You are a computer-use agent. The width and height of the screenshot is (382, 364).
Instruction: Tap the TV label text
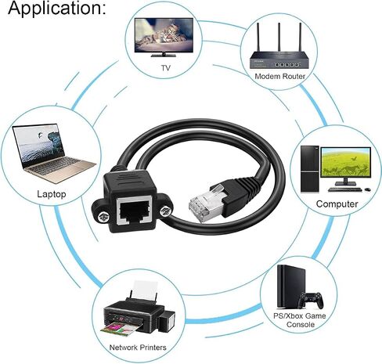pos(166,68)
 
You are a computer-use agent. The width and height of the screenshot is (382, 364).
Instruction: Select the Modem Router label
pos(279,76)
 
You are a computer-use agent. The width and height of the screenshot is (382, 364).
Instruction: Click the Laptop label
pos(52,194)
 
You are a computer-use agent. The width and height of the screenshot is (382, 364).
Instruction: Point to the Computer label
pos(337,204)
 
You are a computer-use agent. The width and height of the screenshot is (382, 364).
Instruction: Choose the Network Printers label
pos(138,348)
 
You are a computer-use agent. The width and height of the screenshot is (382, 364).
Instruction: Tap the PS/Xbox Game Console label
pos(300,320)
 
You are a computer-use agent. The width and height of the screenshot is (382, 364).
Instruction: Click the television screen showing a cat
pos(164,35)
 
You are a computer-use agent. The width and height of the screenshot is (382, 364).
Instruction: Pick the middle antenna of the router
pos(279,37)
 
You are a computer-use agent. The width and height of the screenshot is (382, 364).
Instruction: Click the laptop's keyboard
pos(54,166)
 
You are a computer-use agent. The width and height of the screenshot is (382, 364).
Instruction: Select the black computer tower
pos(310,169)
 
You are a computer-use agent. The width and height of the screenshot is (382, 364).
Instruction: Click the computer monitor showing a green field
pos(345,162)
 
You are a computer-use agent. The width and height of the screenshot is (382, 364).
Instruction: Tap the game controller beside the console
pos(311,300)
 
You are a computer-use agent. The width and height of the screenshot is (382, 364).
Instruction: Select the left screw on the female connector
pos(103,217)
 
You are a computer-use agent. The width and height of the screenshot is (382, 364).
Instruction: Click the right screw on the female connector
pos(166,211)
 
